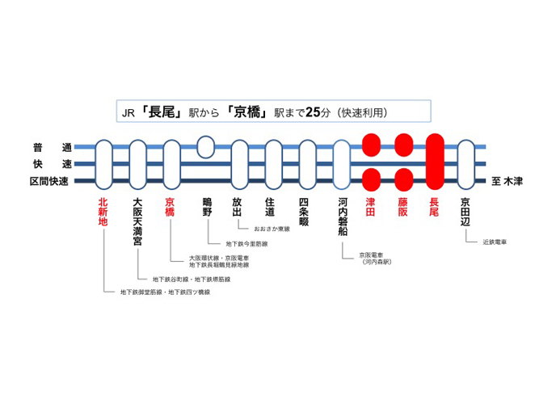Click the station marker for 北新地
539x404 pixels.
[x=103, y=164]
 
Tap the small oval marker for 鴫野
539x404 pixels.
[x=206, y=147]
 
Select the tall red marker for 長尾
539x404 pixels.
[x=435, y=162]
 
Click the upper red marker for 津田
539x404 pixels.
[x=371, y=145]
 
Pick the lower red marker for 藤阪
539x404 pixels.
[x=403, y=179]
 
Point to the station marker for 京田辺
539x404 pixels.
[x=466, y=164]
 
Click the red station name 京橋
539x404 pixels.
[x=170, y=207]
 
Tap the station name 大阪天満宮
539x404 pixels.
[x=137, y=221]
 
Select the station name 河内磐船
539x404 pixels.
[x=343, y=217]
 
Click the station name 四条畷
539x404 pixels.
[x=304, y=212]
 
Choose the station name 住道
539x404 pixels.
[x=270, y=207]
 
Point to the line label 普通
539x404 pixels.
[x=53, y=148]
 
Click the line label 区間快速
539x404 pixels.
[x=49, y=181]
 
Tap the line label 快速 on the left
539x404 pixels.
[x=53, y=164]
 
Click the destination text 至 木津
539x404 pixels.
[x=507, y=181]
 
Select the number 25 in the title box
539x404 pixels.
[x=313, y=112]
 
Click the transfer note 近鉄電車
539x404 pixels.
[x=495, y=242]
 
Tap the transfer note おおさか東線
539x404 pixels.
[x=272, y=229]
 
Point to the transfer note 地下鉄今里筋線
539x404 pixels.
[x=246, y=244]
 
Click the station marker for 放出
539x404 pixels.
[x=240, y=164]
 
